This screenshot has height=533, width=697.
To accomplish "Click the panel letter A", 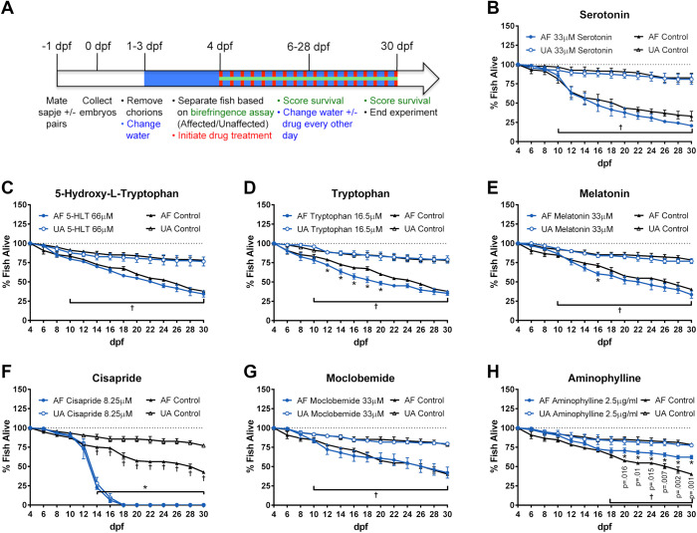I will click(x=8, y=9).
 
